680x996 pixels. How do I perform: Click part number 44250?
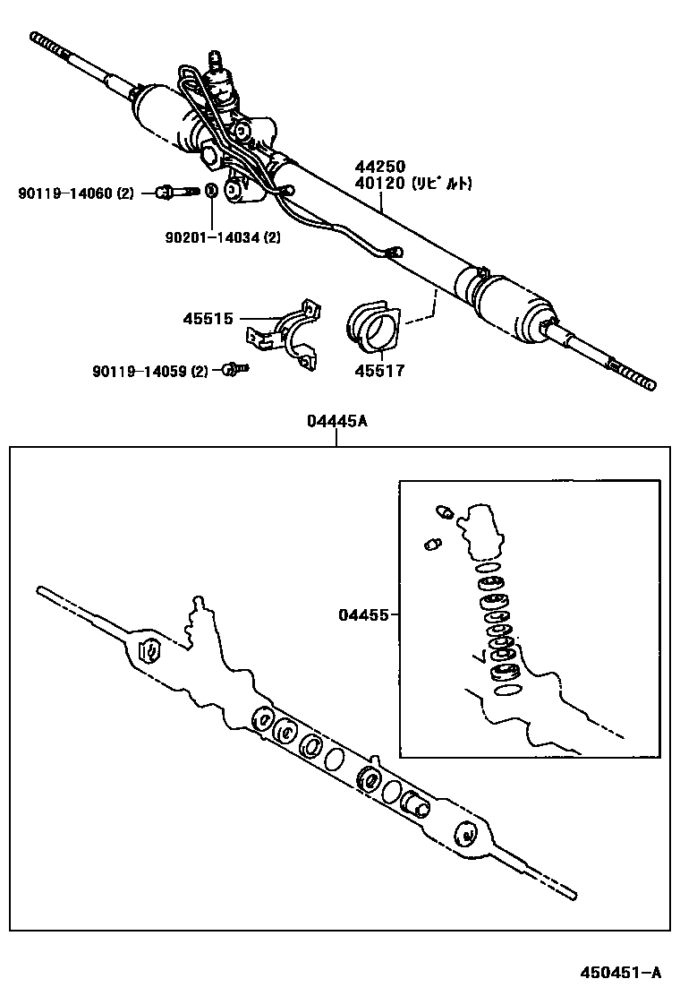pyautogui.click(x=380, y=167)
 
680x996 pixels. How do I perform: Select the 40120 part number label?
pyautogui.click(x=380, y=185)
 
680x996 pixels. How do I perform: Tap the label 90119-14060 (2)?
pyautogui.click(x=75, y=193)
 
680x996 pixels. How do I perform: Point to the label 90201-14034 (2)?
pyautogui.click(x=223, y=237)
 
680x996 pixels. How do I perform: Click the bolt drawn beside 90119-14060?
pyautogui.click(x=174, y=191)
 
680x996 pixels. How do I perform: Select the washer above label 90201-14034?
pyautogui.click(x=211, y=191)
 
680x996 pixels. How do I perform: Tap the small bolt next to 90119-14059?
pyautogui.click(x=234, y=368)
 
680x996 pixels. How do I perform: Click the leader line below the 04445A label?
pyautogui.click(x=337, y=439)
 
